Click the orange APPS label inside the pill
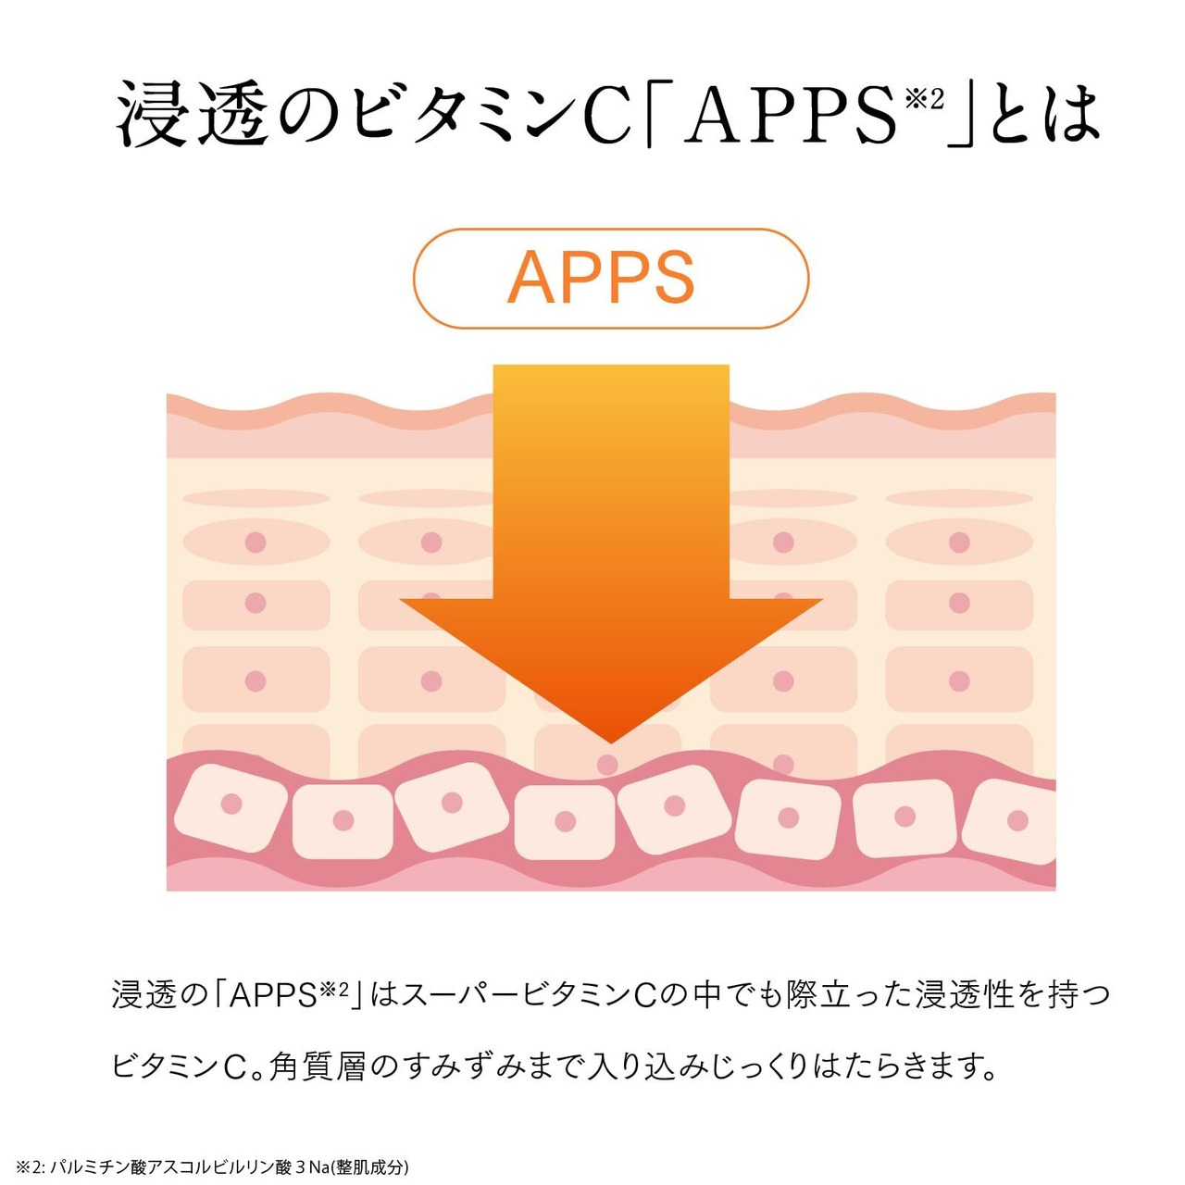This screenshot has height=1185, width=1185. [x=602, y=277]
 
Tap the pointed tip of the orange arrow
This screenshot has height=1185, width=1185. [x=611, y=739]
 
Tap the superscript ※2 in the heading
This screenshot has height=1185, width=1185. [x=924, y=97]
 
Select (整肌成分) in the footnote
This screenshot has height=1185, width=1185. [x=371, y=1166]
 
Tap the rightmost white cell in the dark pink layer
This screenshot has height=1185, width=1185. [x=1014, y=820]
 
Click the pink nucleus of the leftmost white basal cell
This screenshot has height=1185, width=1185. [x=231, y=803]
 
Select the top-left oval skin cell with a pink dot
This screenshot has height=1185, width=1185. [x=256, y=543]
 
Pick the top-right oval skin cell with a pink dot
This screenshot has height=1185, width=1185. [x=959, y=543]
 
